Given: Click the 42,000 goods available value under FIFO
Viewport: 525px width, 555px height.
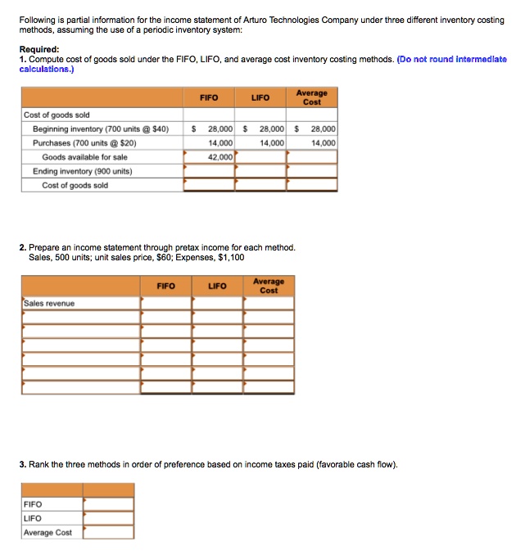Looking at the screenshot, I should pos(221,156).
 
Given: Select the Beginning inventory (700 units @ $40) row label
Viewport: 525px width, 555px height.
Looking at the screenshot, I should pos(101,129).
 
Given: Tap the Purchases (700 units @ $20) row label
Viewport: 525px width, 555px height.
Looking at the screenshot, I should pos(84,142).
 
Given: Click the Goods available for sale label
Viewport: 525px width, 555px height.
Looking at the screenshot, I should pos(84,156).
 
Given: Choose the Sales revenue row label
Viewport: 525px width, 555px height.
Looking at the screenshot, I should pos(49,303).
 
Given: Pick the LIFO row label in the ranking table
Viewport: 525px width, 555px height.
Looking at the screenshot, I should pos(34,518).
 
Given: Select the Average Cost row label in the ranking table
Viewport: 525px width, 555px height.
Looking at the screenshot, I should pos(48,532).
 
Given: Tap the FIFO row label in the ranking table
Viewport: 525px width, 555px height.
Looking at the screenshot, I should pos(34,504).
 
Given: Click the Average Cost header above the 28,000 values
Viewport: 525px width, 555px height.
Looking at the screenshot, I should pos(311,97).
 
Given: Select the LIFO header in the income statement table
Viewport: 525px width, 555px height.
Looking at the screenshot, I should pos(217,287).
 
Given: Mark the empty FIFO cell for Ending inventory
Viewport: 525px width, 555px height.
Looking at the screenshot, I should pos(209,171).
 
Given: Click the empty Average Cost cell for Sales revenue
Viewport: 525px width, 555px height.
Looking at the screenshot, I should pos(269,303).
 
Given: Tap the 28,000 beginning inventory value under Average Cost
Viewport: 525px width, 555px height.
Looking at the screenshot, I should pos(322,129).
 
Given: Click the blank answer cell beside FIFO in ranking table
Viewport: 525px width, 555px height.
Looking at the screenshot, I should pos(108,504).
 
